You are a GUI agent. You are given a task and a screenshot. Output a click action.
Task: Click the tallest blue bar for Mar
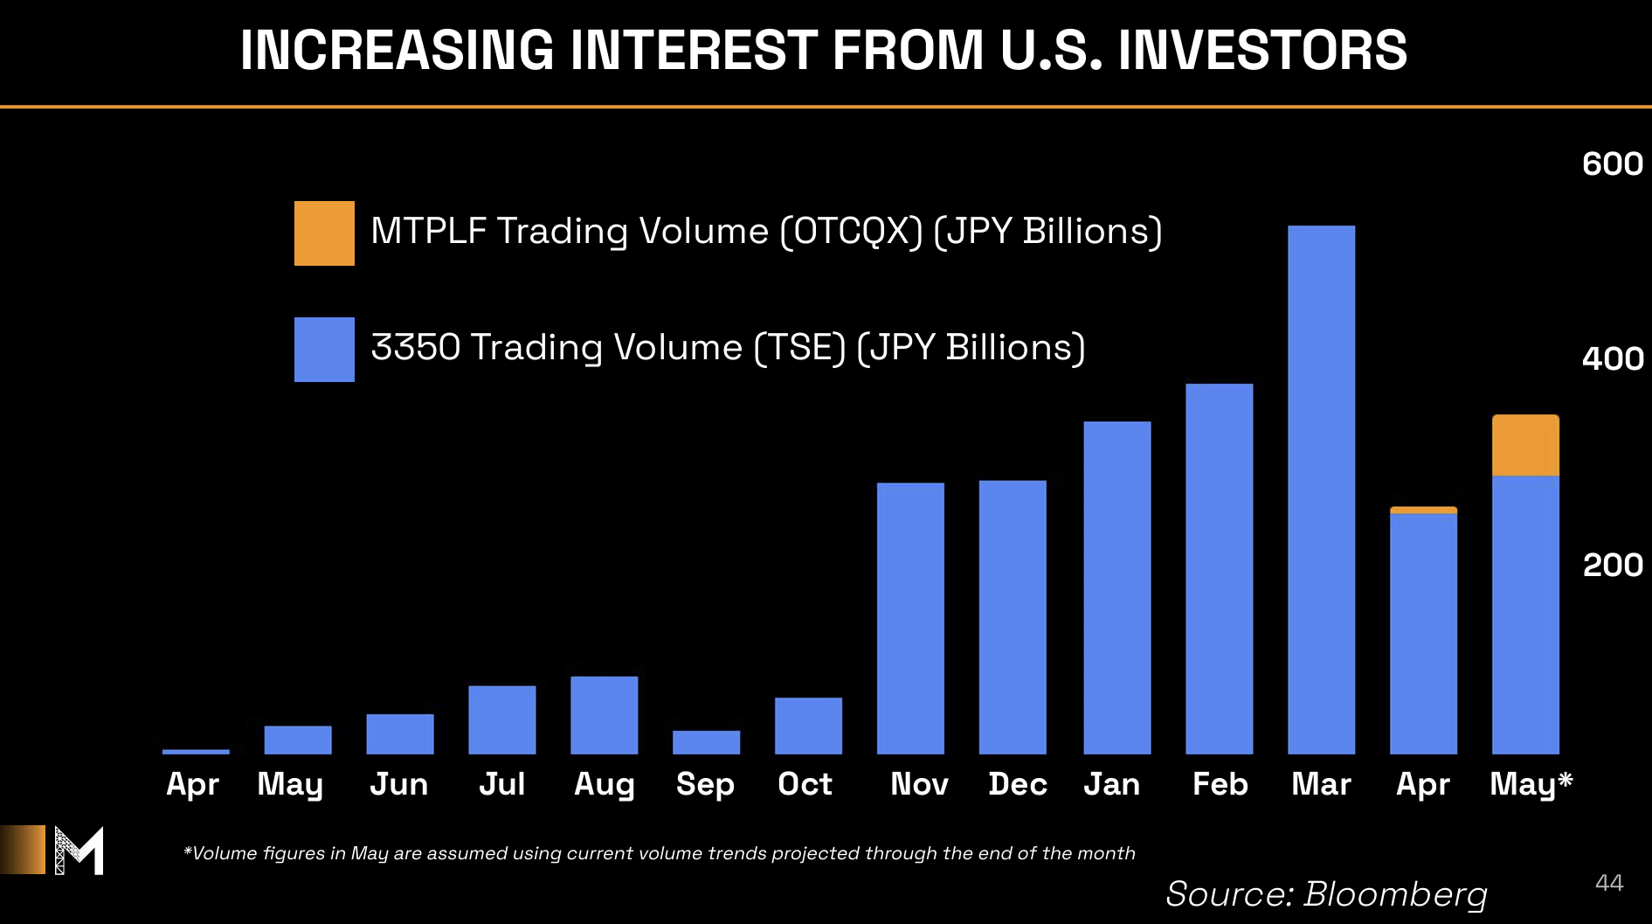coord(1321,490)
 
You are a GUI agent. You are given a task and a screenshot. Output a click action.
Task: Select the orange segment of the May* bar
coord(1525,446)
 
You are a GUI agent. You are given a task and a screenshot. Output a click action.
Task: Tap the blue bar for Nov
coord(910,618)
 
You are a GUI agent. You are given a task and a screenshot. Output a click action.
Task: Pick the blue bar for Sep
coord(706,742)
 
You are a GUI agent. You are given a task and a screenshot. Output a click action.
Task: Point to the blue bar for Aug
coord(604,715)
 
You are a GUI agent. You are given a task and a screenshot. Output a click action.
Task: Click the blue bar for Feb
coord(1219,569)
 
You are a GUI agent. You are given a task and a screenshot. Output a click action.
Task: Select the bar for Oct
coord(808,726)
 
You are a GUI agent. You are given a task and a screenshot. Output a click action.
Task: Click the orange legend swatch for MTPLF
coord(324,233)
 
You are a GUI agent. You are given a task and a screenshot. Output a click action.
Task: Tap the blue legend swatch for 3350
coord(324,350)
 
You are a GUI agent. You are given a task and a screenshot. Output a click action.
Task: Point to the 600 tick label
coord(1613,164)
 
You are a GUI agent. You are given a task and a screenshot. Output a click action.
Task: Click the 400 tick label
coord(1613,359)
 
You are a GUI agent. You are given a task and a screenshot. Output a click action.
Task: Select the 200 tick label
coord(1613,566)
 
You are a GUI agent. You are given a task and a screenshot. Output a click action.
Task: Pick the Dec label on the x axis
coord(1018,784)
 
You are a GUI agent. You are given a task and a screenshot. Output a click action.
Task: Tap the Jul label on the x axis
coord(501,784)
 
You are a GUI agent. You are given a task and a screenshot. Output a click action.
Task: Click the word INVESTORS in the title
coord(1262,50)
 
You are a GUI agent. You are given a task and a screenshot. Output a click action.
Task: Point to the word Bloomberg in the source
coord(1395,894)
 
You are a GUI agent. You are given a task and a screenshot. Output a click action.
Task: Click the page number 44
coord(1609,883)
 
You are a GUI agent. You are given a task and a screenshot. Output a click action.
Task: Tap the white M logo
coord(79,851)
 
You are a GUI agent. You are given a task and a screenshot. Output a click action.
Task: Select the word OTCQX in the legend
coord(851,232)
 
